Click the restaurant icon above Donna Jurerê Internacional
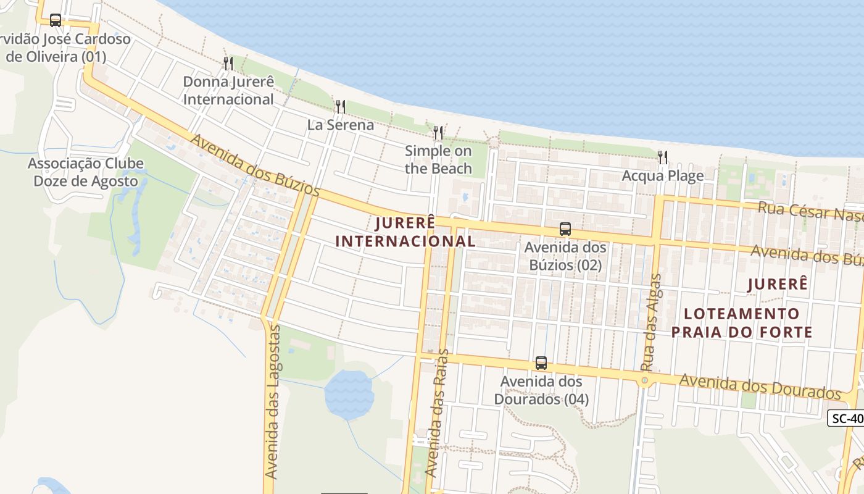click(228, 63)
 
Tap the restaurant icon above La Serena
click(340, 106)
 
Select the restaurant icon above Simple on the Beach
click(438, 132)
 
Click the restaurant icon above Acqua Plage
click(663, 157)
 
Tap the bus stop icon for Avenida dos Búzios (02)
click(565, 229)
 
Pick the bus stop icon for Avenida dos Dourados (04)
click(541, 363)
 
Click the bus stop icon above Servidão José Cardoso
click(56, 20)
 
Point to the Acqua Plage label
click(663, 176)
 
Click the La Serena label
click(341, 125)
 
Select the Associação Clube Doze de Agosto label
click(86, 172)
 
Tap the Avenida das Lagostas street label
click(272, 401)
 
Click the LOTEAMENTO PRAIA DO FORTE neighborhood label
click(742, 323)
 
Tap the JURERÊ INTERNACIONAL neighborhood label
click(405, 232)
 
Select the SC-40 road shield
click(846, 418)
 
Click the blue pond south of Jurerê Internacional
click(349, 394)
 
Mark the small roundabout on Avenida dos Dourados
click(645, 380)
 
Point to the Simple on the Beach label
click(438, 160)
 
